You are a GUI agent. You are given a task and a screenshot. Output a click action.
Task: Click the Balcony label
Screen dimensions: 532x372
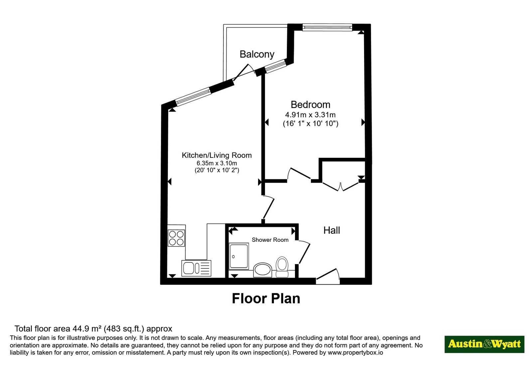pyautogui.click(x=257, y=54)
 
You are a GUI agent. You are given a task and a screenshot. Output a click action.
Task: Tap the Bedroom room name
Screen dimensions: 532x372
pyautogui.click(x=311, y=105)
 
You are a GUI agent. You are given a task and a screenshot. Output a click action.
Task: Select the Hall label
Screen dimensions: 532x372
pyautogui.click(x=332, y=231)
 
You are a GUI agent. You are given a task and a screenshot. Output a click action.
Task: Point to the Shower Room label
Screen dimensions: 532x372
pyautogui.click(x=270, y=240)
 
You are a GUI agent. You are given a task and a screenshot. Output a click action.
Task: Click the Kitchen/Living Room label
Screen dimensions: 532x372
pyautogui.click(x=216, y=155)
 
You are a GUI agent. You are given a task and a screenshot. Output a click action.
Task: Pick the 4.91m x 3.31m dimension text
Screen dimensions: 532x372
pyautogui.click(x=310, y=115)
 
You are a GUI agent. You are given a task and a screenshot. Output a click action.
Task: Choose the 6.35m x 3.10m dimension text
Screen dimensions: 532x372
pyautogui.click(x=216, y=163)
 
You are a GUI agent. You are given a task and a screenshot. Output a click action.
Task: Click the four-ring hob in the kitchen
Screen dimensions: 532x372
pyautogui.click(x=176, y=238)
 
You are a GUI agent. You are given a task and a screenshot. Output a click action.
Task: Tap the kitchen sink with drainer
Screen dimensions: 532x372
pyautogui.click(x=196, y=268)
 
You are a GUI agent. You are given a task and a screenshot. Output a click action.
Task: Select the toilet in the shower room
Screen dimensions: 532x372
pyautogui.click(x=282, y=267)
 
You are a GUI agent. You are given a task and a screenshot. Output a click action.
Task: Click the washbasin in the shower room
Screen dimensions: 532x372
pyautogui.click(x=262, y=270)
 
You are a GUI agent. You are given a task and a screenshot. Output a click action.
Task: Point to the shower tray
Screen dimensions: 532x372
pyautogui.click(x=239, y=256)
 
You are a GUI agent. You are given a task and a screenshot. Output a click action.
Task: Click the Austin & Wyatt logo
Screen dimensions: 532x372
pyautogui.click(x=484, y=344)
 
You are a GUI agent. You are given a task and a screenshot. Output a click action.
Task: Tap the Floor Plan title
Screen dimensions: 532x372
pyautogui.click(x=266, y=299)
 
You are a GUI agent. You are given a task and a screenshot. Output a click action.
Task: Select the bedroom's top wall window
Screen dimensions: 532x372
pyautogui.click(x=327, y=27)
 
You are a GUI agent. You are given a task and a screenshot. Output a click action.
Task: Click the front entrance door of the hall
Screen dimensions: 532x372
pyautogui.click(x=328, y=277)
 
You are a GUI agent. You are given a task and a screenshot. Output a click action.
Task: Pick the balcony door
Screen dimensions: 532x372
pyautogui.click(x=245, y=73)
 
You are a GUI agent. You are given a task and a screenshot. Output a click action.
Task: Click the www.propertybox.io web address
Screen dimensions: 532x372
pyautogui.click(x=355, y=352)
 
